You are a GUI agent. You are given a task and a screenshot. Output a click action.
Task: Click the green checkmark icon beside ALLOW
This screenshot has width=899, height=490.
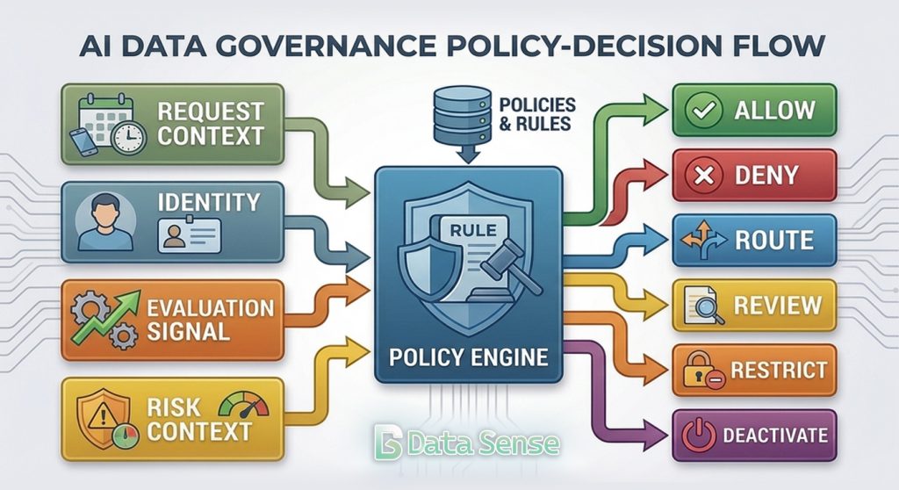pyautogui.click(x=705, y=112)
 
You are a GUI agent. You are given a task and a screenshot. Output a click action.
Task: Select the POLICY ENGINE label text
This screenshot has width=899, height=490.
pyautogui.click(x=468, y=358)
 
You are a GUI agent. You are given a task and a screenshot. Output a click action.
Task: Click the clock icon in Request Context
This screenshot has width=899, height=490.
pyautogui.click(x=128, y=137)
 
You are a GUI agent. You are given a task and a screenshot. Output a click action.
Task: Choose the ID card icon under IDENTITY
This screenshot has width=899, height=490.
pyautogui.click(x=189, y=235)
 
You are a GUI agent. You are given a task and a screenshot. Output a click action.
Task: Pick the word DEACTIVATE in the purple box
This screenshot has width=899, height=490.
pyautogui.click(x=773, y=436)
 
